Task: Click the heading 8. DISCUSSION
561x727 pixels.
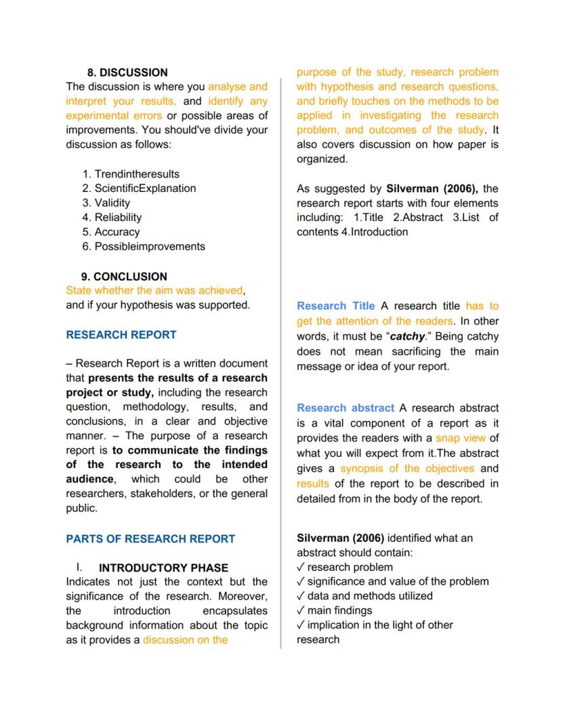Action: (127, 73)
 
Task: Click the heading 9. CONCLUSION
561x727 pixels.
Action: (123, 277)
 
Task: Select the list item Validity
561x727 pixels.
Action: (112, 203)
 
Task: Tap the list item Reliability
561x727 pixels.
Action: (118, 218)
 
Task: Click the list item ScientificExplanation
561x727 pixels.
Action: (145, 189)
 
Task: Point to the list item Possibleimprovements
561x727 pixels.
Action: (149, 247)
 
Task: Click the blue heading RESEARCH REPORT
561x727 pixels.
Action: (121, 335)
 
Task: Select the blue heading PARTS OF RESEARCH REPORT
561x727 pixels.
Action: (150, 539)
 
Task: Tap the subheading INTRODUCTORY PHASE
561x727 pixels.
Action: (163, 568)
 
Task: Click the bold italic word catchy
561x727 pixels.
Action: (407, 337)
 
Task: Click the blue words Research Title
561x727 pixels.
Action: (335, 306)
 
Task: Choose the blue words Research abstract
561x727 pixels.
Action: (345, 408)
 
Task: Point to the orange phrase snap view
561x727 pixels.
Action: (460, 438)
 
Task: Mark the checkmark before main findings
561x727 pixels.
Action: (300, 611)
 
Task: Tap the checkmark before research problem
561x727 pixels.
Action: (300, 568)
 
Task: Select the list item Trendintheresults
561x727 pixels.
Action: (137, 174)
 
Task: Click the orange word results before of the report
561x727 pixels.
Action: (312, 484)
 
